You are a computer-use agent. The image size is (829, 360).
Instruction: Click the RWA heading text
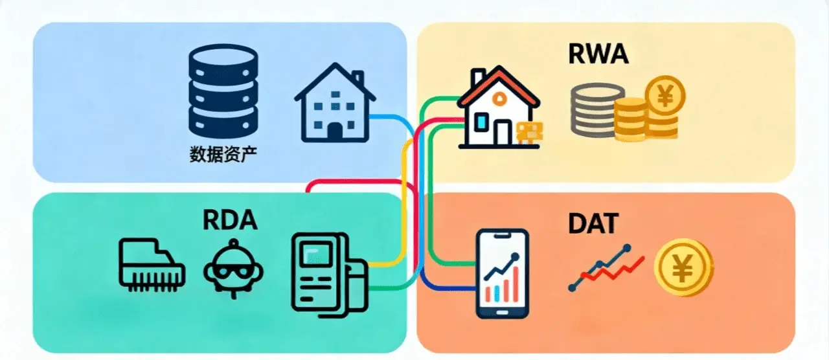(x=598, y=55)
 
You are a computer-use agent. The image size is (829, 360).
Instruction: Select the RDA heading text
(x=231, y=221)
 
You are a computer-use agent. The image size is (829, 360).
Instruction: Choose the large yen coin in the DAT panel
(x=683, y=267)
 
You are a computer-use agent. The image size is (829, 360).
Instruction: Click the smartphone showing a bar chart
(x=502, y=273)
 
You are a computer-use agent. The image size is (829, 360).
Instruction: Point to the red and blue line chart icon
(x=606, y=267)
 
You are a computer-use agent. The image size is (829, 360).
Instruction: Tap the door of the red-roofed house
(x=503, y=131)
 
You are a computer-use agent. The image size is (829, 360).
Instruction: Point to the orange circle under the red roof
(x=500, y=97)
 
